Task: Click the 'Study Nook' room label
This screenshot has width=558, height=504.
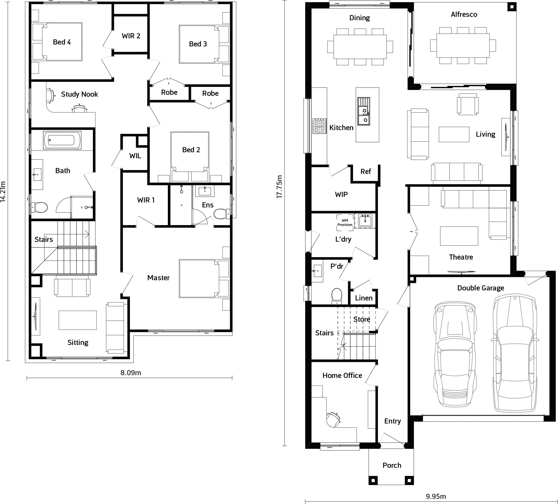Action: (79, 94)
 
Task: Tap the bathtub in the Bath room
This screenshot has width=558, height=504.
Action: (62, 140)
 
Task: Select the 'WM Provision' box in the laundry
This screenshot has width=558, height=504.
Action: (345, 222)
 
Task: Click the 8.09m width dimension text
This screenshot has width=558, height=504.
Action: (131, 373)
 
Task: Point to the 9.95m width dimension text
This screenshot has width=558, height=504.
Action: (436, 496)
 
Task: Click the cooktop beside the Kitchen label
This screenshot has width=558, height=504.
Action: (319, 126)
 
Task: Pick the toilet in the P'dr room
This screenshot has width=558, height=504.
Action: (337, 296)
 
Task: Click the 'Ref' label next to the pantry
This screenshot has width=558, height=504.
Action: (365, 172)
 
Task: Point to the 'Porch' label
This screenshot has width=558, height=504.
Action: (392, 465)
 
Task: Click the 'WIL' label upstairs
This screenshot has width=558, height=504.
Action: (135, 156)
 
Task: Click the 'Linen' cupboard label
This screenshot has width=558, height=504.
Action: (364, 298)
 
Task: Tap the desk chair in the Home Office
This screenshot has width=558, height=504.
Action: (333, 420)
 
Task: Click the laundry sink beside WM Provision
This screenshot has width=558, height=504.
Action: (365, 221)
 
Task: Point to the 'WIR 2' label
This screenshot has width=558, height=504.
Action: (131, 36)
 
